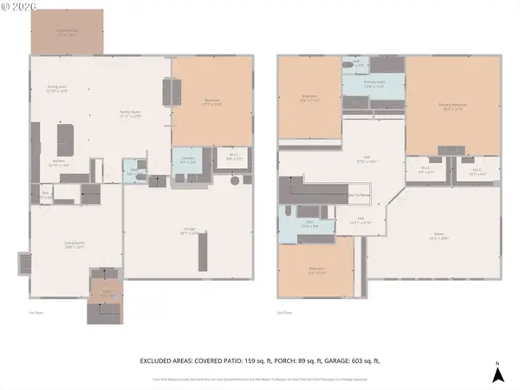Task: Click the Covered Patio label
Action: [67, 34]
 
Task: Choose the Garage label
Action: [191, 231]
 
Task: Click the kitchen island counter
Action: [65, 139]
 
